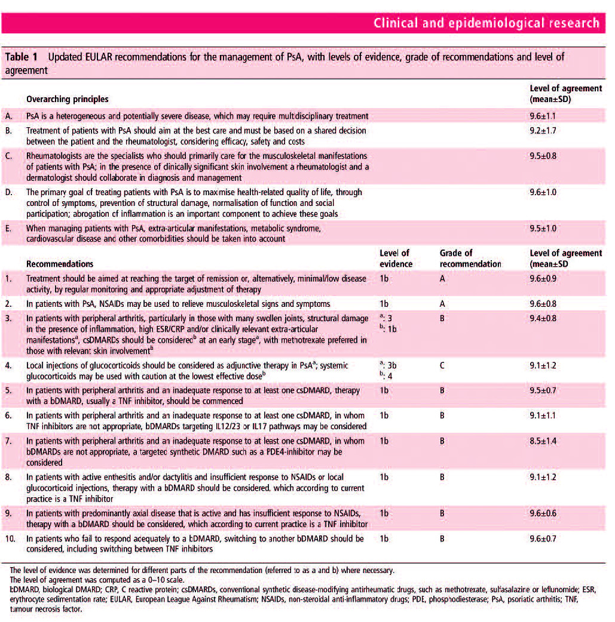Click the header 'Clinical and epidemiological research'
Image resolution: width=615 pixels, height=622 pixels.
[486, 23]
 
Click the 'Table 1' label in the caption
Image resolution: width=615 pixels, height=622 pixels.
[22, 57]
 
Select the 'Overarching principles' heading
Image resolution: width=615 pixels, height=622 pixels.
[67, 98]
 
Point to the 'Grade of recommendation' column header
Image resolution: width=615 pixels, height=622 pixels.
[470, 258]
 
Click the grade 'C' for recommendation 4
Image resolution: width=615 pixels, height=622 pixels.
[442, 365]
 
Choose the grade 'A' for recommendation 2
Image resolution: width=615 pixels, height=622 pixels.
[442, 303]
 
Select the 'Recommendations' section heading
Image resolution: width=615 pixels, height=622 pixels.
[60, 263]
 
